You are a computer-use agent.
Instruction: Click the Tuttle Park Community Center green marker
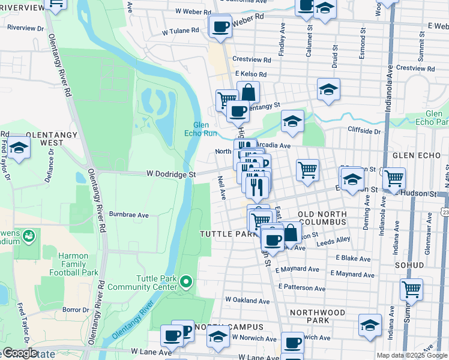point(186,281)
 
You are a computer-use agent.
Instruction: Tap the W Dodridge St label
point(163,175)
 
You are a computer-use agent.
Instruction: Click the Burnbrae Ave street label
point(128,214)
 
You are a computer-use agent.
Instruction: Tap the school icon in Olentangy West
point(19,148)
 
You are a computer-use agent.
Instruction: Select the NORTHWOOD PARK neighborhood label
point(318,313)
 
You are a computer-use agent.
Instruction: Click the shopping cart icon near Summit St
point(412,289)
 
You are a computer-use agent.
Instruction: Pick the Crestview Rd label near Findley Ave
point(252,59)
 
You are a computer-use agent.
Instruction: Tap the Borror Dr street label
point(75,310)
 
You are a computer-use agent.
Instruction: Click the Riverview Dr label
point(25,28)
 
